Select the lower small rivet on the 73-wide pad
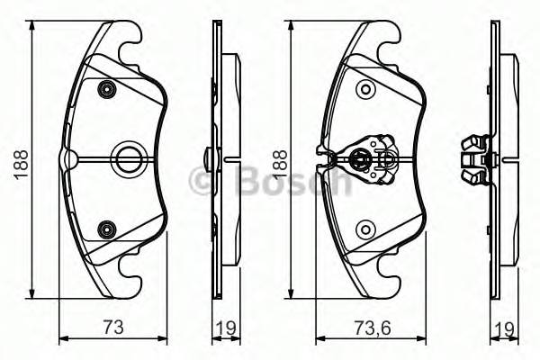click(x=108, y=229)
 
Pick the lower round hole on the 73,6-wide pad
click(x=364, y=229)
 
